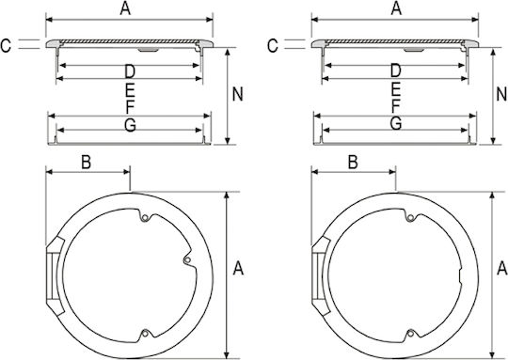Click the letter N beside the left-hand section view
pyautogui.click(x=237, y=94)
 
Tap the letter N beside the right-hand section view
pyautogui.click(x=501, y=94)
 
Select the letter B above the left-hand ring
pyautogui.click(x=86, y=163)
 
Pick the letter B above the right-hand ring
pyautogui.click(x=353, y=163)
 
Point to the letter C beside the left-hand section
pyautogui.click(x=6, y=46)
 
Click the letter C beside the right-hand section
pyautogui.click(x=273, y=46)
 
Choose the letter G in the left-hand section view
pyautogui.click(x=130, y=125)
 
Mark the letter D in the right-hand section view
pyautogui.click(x=395, y=70)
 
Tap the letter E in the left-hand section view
pyautogui.click(x=130, y=90)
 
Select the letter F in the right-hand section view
pyautogui.click(x=395, y=106)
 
